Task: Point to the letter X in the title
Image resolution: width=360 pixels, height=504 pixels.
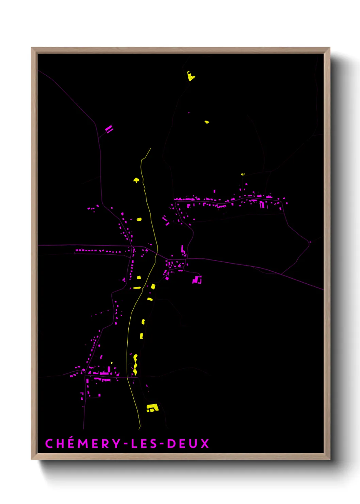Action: click(204, 443)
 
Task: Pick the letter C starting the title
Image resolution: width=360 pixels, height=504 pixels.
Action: click(49, 443)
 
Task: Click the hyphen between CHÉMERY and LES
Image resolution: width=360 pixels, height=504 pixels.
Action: click(126, 444)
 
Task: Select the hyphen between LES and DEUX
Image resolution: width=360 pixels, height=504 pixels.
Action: click(162, 444)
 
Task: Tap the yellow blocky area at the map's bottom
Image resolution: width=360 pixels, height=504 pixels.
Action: click(152, 408)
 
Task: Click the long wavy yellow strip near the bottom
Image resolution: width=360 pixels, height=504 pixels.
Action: click(135, 365)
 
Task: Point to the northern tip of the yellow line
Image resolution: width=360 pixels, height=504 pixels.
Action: click(151, 148)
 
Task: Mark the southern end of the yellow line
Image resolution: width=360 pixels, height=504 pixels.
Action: click(139, 428)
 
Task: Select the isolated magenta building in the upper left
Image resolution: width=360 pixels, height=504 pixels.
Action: click(109, 129)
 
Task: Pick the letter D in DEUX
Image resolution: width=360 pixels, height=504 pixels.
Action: click(171, 443)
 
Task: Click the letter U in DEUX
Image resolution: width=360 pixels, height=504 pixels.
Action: click(194, 443)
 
